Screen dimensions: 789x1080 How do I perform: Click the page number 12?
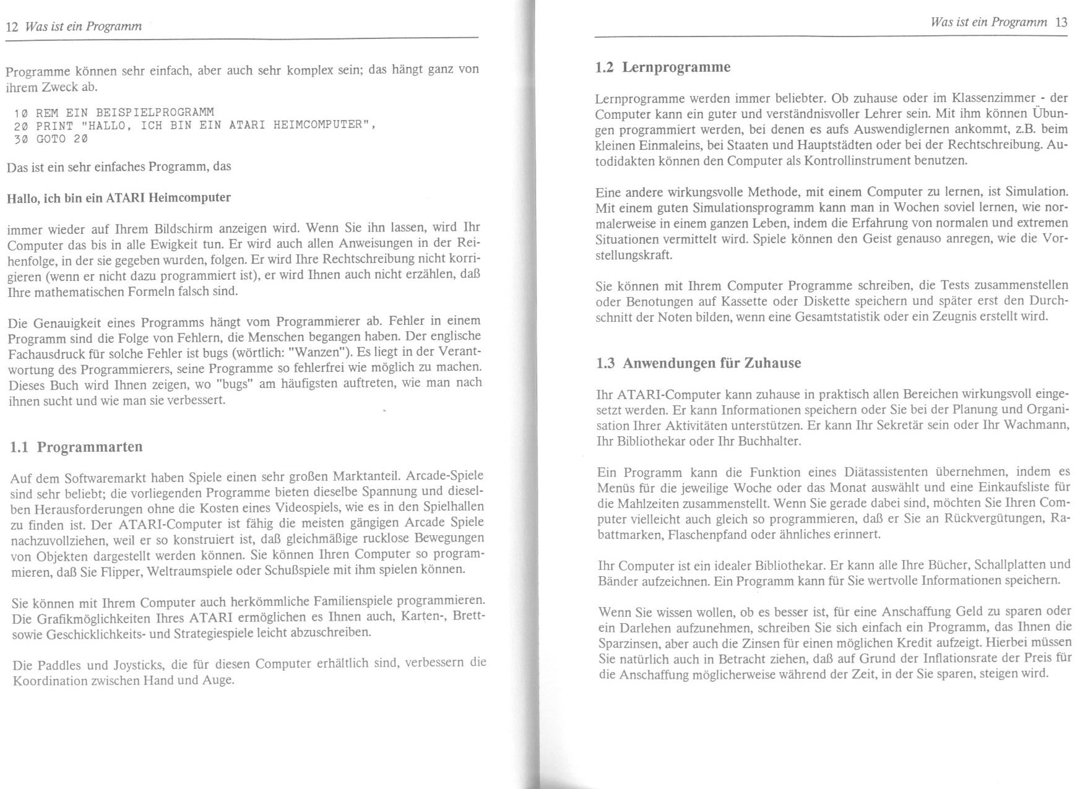(11, 27)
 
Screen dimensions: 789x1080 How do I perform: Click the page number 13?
(1061, 22)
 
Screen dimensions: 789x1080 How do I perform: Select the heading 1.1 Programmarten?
(77, 447)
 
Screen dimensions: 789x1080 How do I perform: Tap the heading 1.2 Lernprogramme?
(662, 67)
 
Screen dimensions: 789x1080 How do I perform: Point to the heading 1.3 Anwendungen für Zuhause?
(698, 363)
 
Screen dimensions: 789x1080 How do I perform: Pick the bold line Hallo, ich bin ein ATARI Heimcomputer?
(118, 198)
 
